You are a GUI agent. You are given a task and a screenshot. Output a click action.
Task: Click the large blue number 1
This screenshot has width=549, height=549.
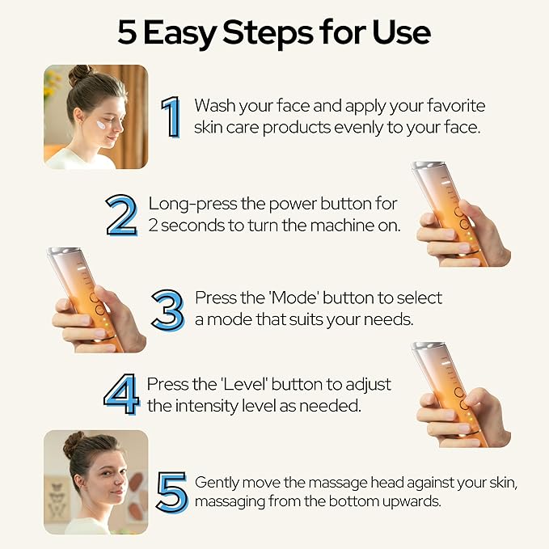click(171, 116)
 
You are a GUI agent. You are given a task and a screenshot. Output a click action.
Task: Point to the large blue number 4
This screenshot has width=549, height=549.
click(123, 394)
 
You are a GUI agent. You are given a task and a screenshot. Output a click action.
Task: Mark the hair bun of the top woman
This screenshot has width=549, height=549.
click(79, 75)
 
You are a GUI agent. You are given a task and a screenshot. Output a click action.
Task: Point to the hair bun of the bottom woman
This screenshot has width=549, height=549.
click(74, 443)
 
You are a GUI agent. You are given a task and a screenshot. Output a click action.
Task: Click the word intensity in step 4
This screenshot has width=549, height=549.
click(202, 405)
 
